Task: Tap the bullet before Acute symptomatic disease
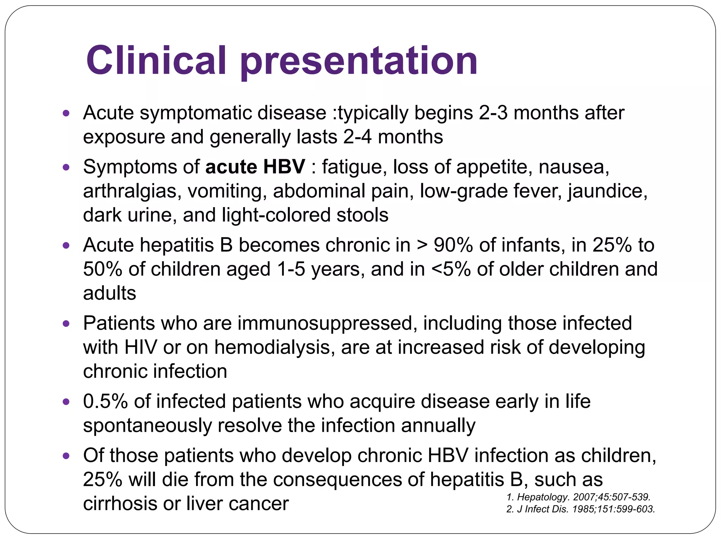click(66, 113)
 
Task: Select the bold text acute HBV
click(255, 167)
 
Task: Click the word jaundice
click(608, 191)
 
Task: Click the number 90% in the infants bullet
click(453, 245)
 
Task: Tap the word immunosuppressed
click(325, 323)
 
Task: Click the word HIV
click(140, 347)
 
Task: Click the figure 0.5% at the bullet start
click(105, 402)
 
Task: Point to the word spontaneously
click(147, 425)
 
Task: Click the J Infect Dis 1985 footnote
click(580, 509)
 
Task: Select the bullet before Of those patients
click(66, 456)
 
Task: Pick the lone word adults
click(109, 293)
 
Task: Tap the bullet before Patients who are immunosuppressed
click(66, 324)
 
